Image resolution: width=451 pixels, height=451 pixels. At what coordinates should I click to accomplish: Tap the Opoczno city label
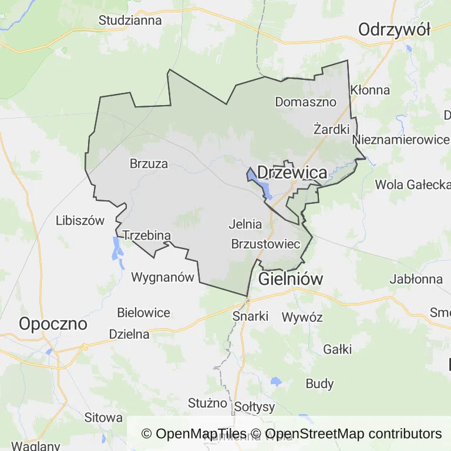pos(53,324)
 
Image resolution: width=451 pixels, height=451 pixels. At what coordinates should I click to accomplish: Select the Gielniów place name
pos(290,279)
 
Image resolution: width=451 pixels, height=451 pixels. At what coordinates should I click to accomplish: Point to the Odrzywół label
pos(394,29)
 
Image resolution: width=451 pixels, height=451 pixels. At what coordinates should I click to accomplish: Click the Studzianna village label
pos(130,20)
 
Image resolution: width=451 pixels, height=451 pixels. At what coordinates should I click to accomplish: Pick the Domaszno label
pos(305,102)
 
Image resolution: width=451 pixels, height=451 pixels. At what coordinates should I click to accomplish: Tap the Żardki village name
pos(331,129)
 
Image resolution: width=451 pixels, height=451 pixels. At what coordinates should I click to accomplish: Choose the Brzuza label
pos(149,164)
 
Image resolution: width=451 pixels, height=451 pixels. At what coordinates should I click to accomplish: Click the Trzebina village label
pos(146,236)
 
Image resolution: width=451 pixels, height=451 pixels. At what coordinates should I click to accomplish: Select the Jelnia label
pos(245,224)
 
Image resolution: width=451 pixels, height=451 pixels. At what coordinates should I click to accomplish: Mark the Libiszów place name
pos(80,221)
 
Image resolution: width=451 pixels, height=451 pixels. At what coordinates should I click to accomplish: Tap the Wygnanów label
pos(162,277)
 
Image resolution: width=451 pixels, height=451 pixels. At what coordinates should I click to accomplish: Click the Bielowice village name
pos(143,313)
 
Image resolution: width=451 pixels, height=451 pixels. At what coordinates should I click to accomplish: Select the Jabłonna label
pos(416,279)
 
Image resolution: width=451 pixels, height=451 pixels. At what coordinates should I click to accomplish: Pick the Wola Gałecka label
pos(412,184)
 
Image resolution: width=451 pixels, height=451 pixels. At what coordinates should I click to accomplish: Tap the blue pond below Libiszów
pos(117,250)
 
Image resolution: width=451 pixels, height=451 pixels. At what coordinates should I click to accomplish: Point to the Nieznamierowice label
pos(401,140)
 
